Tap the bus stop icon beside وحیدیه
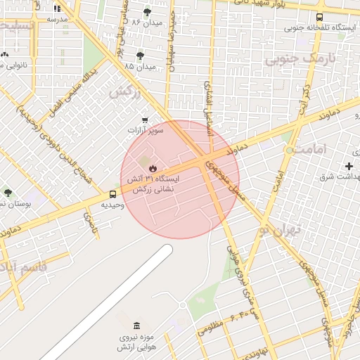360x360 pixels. (113, 194)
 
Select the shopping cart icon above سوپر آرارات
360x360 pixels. (145, 120)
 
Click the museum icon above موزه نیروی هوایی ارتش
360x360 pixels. (136, 326)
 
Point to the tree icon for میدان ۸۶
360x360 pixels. (147, 12)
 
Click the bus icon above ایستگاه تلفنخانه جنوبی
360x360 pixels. (320, 17)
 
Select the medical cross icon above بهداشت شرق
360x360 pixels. (349, 165)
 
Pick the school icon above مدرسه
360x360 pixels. (57, 8)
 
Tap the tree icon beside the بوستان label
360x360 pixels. (8, 193)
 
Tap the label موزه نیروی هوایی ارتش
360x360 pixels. (137, 342)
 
